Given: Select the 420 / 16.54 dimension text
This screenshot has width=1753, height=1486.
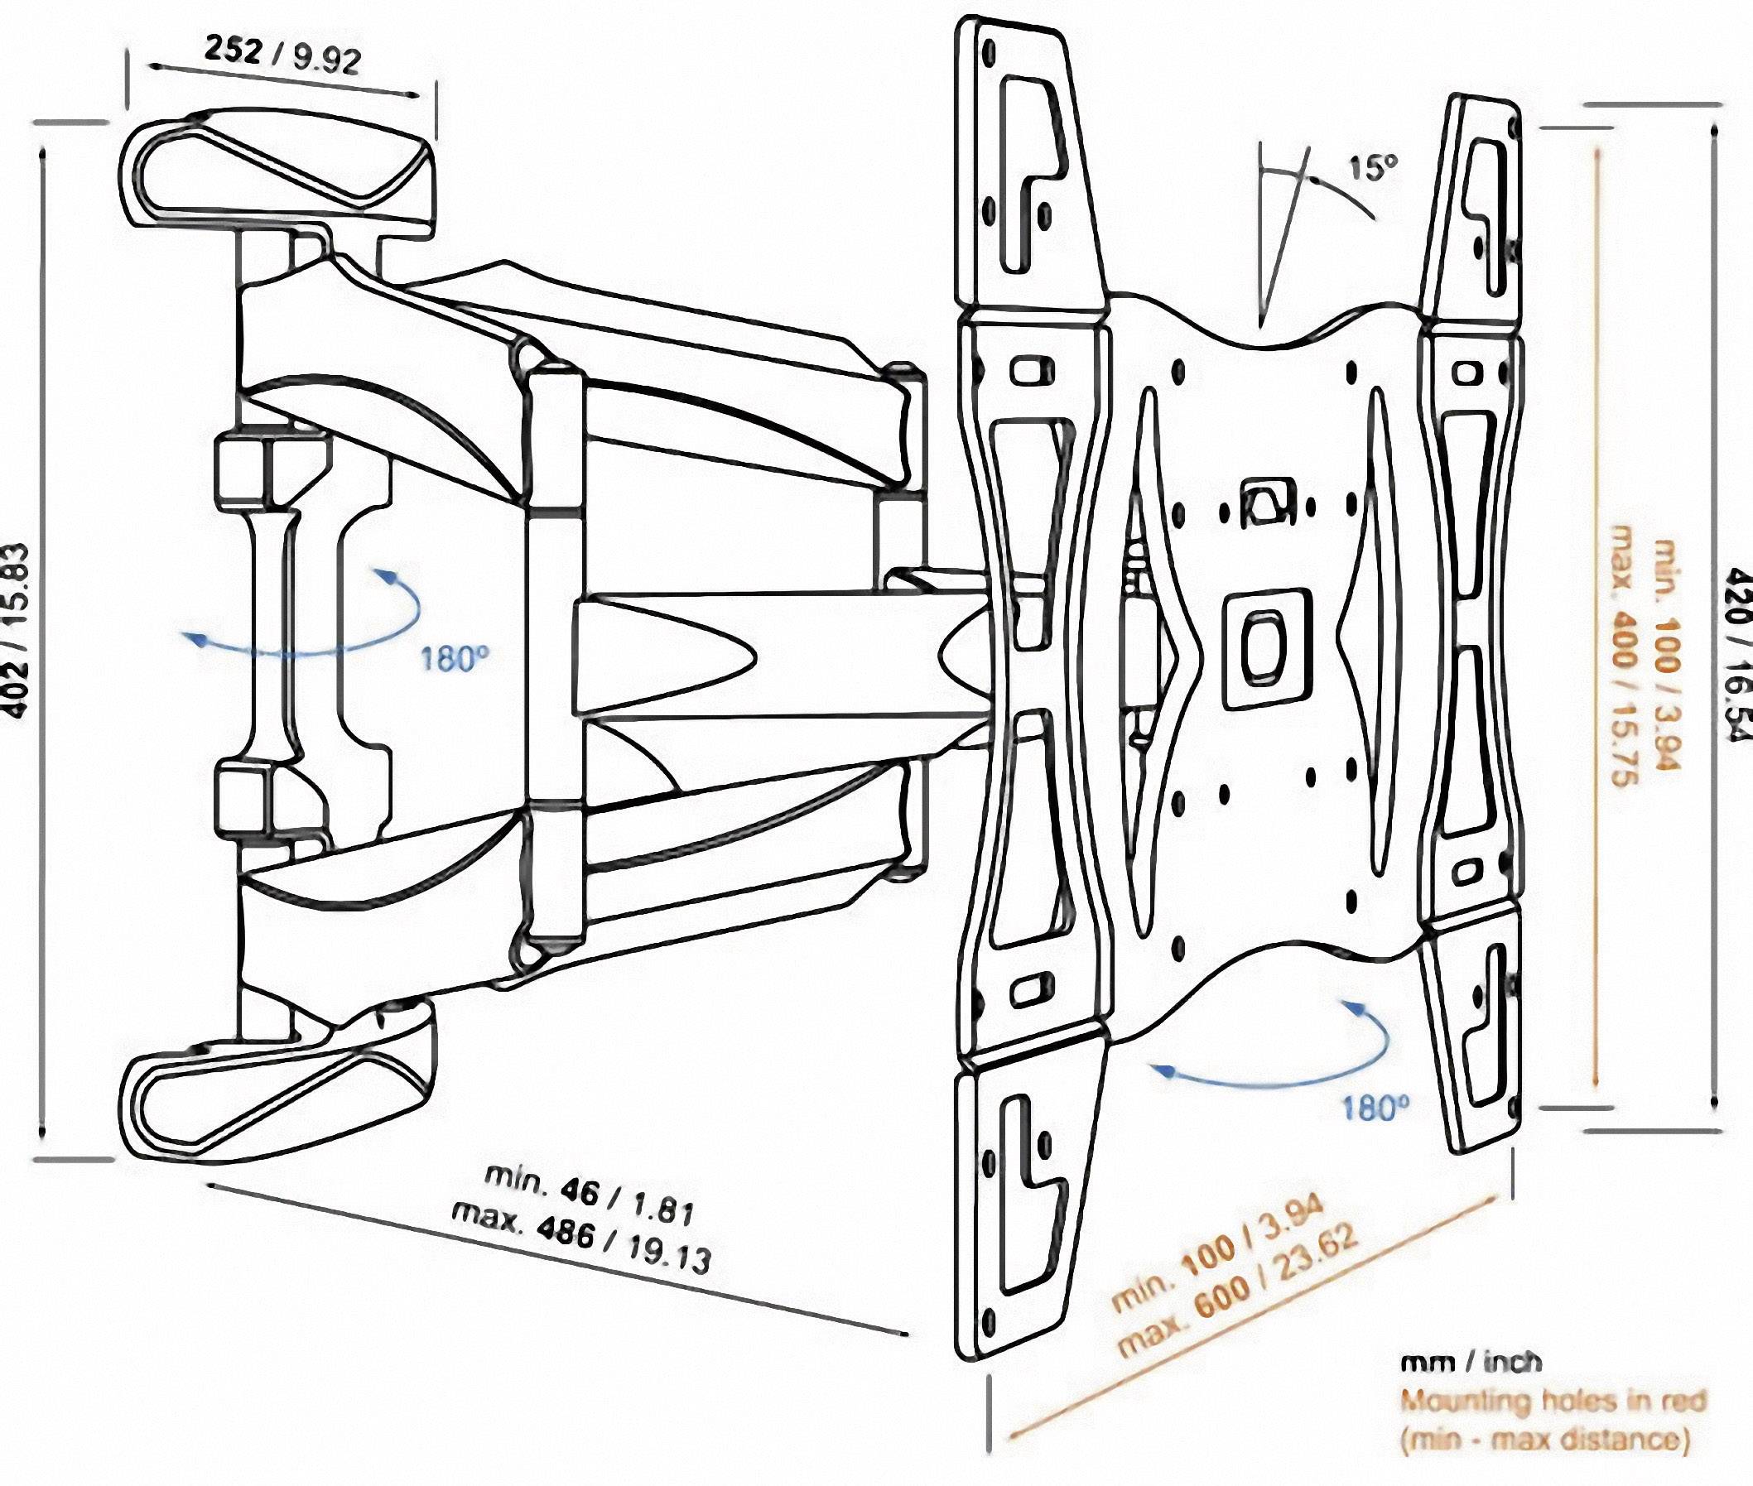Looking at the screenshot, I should click(1737, 655).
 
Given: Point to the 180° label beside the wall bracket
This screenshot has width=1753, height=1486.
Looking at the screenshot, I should click(455, 659).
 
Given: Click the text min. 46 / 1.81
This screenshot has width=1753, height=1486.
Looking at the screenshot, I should click(590, 1194).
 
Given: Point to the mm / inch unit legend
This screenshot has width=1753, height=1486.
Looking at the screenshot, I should click(1471, 1361).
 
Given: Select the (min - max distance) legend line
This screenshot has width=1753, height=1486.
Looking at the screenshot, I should click(1545, 1439).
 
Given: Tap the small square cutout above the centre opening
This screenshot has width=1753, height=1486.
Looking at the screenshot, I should click(1266, 503).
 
